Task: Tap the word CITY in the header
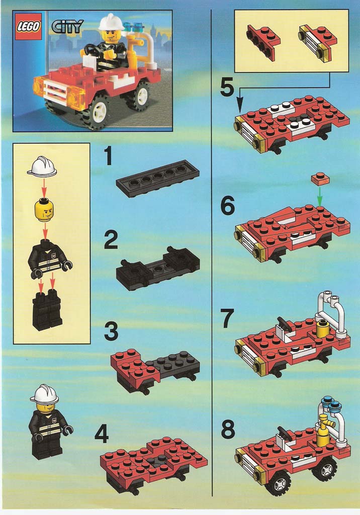tap(67, 27)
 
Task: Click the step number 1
tap(108, 156)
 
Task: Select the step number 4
tap(101, 434)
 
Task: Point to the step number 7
tap(227, 319)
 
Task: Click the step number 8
tap(227, 431)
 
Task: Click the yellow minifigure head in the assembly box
tap(44, 210)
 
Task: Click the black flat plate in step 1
tap(157, 178)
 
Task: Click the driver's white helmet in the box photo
tap(111, 22)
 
